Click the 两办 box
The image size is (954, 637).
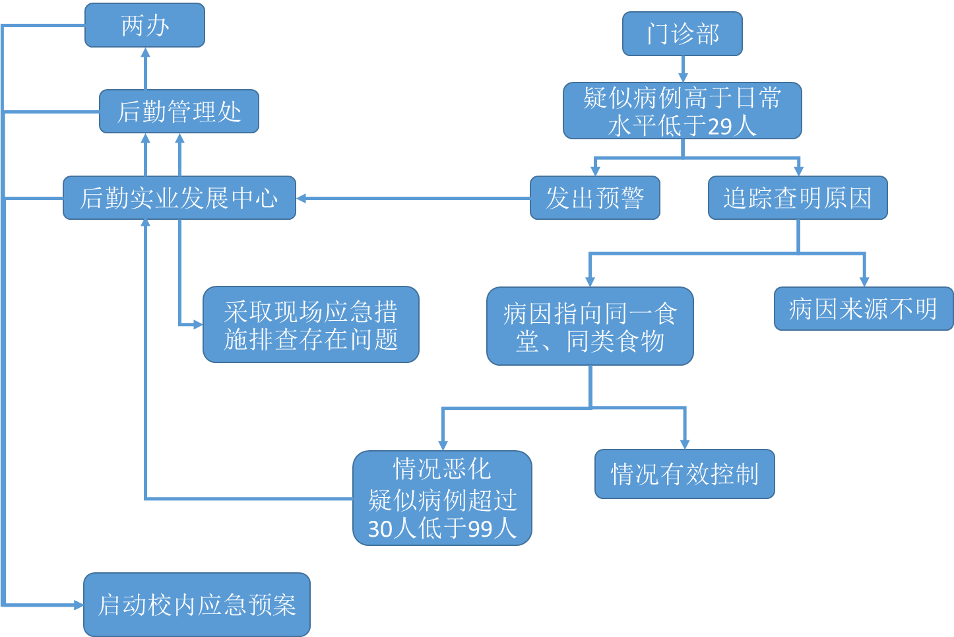[x=144, y=26]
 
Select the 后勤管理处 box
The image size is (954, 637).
[x=179, y=112]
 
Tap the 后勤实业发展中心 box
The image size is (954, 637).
[x=179, y=198]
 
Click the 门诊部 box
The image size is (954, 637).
[x=682, y=34]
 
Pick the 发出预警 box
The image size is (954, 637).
[x=594, y=198]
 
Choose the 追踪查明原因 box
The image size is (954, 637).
[x=798, y=198]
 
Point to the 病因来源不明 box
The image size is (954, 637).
[x=863, y=308]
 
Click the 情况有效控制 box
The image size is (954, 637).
[x=684, y=474]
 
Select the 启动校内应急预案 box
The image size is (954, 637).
[x=197, y=605]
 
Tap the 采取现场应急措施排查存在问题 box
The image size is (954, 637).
[x=311, y=325]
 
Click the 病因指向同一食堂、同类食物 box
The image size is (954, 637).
[x=590, y=326]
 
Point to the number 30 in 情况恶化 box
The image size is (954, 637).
[x=381, y=529]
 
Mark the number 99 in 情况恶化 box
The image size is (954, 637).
[x=481, y=529]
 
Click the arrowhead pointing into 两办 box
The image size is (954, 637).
[x=145, y=54]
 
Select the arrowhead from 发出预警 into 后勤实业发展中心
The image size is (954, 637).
[x=302, y=198]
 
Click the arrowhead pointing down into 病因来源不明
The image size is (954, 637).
[x=864, y=281]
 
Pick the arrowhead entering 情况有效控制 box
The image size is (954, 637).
[x=685, y=444]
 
